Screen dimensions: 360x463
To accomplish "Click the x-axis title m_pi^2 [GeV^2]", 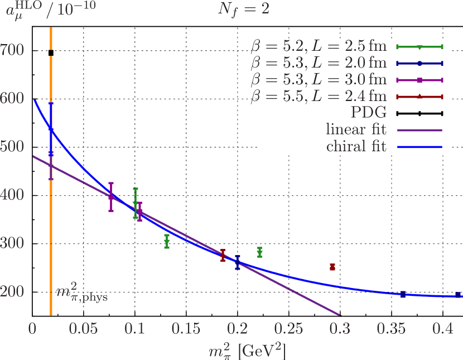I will (247, 350).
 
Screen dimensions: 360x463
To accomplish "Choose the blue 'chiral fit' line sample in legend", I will (419, 147).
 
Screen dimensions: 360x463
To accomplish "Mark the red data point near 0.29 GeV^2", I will (332, 267).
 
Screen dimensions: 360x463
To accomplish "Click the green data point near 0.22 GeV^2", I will (259, 252).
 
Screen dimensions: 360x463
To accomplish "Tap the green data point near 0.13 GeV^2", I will (167, 241).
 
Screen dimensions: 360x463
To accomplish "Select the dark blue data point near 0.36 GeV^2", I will (403, 294).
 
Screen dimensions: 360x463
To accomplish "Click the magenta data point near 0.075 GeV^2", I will (111, 197).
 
